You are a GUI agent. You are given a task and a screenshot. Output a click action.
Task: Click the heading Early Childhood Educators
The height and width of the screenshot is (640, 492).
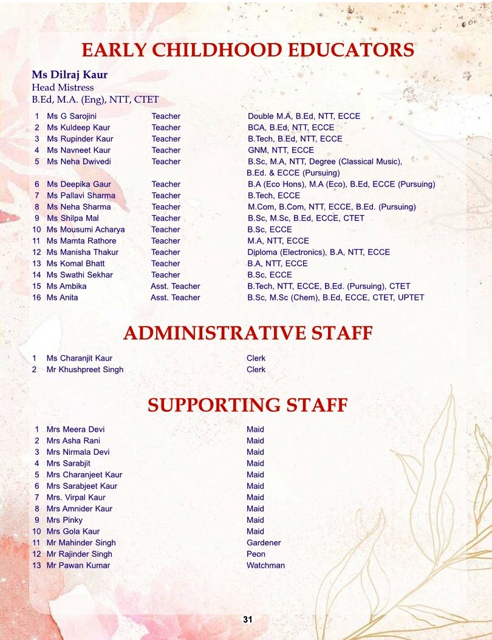(x=248, y=50)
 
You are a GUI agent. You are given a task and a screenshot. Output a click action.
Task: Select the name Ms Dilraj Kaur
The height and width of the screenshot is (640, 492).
(x=70, y=76)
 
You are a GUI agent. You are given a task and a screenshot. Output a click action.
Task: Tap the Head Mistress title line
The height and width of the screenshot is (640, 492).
(x=63, y=87)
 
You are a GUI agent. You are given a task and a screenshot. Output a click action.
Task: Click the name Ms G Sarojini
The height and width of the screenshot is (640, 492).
(x=72, y=116)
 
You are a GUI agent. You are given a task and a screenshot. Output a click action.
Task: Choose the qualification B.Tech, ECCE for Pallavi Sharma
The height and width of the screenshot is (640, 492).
(x=273, y=196)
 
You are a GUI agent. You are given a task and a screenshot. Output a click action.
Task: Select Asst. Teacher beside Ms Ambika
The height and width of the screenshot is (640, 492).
(x=175, y=286)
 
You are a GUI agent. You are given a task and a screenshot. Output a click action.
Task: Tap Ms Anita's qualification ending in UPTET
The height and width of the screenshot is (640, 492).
(x=335, y=298)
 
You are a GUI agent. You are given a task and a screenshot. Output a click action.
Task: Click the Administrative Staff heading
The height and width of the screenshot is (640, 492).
(x=248, y=333)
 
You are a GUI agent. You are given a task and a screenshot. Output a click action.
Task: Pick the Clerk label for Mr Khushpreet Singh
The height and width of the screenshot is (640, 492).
(x=256, y=369)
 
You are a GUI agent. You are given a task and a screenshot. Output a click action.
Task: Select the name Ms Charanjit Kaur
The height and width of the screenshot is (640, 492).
(x=80, y=358)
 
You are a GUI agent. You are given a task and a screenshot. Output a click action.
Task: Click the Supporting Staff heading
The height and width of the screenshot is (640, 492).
(x=248, y=404)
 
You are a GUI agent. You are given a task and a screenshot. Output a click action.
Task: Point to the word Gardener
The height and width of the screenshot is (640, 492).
(x=264, y=543)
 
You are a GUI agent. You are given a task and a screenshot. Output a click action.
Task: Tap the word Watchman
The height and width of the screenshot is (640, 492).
(x=265, y=565)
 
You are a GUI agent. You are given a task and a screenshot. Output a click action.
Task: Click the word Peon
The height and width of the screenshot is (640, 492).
(x=256, y=554)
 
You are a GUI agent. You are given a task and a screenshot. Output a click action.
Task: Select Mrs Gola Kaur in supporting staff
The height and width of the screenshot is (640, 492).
(x=73, y=531)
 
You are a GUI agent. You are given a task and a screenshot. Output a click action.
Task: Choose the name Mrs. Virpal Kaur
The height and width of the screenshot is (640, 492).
(x=76, y=497)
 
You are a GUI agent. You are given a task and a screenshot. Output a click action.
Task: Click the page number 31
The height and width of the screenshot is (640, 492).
(x=247, y=619)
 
